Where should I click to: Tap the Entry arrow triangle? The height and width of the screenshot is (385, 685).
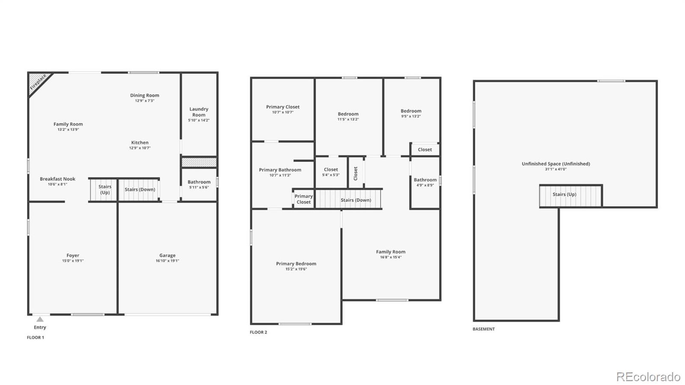point(40,319)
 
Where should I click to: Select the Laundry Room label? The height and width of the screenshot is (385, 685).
point(199,112)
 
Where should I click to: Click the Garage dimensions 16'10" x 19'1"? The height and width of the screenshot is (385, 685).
point(167,261)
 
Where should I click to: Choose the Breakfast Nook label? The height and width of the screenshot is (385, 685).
point(57,179)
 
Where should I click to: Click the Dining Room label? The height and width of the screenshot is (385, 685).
point(145,96)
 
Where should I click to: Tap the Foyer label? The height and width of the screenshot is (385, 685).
point(73,255)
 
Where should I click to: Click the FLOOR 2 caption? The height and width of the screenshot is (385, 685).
point(259,332)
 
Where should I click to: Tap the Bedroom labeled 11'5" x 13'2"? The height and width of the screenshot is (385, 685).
point(348,116)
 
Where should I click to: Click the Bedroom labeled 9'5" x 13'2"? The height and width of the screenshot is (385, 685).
point(411,113)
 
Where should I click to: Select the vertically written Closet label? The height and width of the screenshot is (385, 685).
point(356,173)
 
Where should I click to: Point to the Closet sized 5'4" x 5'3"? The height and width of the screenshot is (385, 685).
point(331,172)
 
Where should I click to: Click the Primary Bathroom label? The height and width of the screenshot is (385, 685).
point(280,170)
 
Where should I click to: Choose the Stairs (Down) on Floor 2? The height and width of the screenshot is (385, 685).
point(348,200)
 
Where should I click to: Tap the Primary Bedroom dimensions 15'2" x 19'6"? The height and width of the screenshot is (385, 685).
point(296,269)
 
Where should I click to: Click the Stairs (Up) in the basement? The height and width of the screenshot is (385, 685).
point(571,196)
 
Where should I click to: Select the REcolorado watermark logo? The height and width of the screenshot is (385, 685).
point(648,376)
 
